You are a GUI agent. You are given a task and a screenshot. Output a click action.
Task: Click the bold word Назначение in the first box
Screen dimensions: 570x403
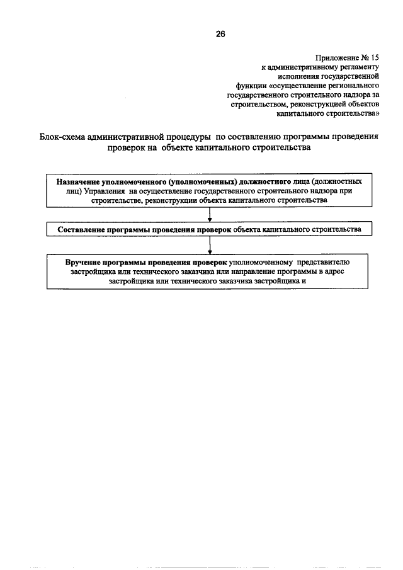78,181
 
